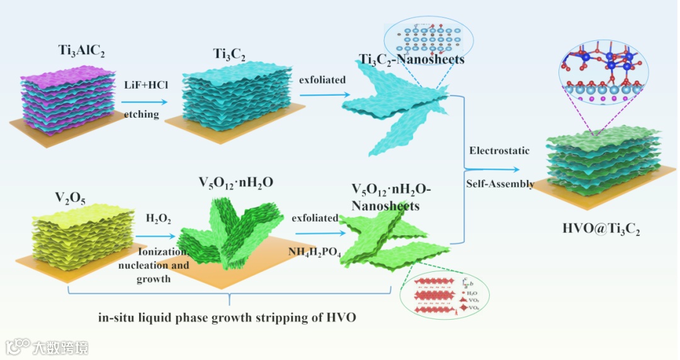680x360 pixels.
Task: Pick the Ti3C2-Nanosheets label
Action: click(412, 60)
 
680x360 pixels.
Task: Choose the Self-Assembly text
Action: click(500, 184)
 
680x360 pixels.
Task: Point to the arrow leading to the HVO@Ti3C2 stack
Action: click(497, 169)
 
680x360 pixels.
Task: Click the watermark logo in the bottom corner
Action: click(47, 347)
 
